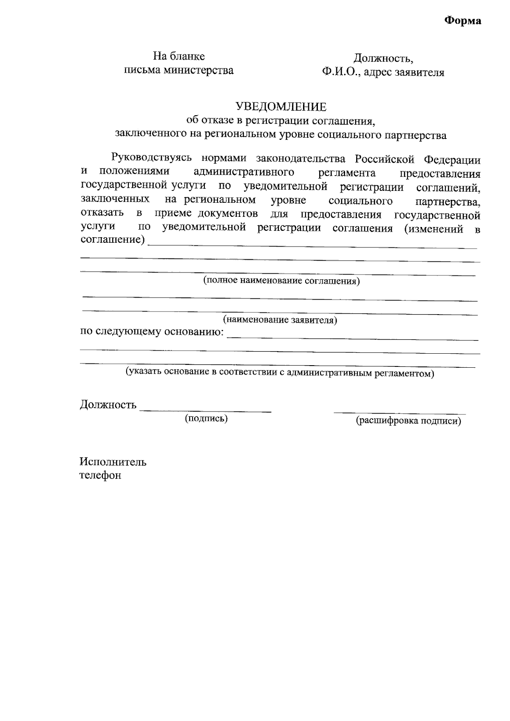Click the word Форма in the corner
463,21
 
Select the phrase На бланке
179,57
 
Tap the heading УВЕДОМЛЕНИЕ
281,106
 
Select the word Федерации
452,160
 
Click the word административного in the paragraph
244,172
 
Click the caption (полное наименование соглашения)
281,281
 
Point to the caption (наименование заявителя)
280,320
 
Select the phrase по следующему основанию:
152,332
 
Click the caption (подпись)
206,419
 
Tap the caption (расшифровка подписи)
408,421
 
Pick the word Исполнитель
113,462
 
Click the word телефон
100,475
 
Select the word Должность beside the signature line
108,405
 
